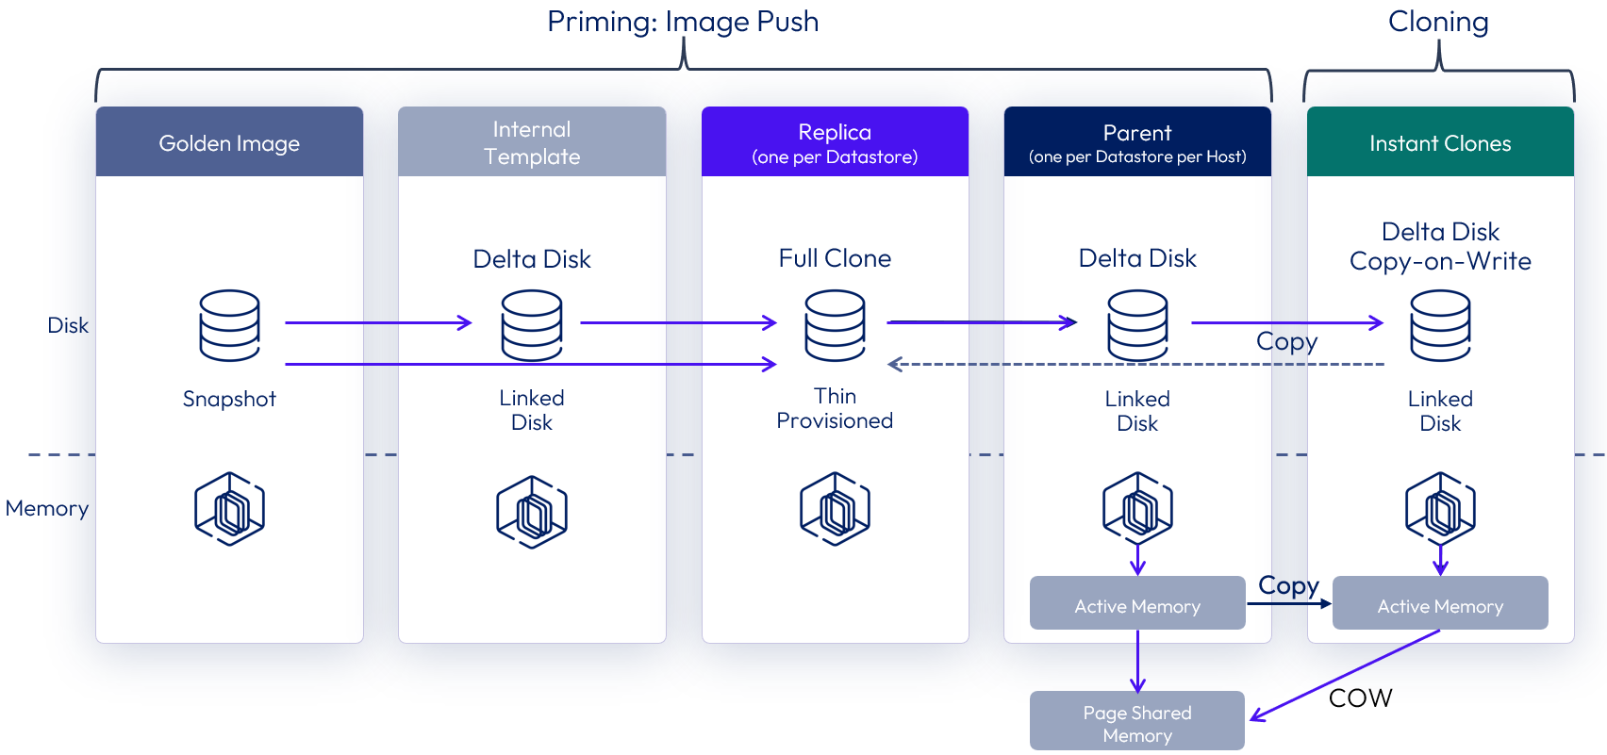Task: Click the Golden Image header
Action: pos(229,142)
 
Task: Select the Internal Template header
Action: pos(532,142)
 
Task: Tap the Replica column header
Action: pos(835,142)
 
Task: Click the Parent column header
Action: pos(1137,142)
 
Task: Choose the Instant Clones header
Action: pos(1440,142)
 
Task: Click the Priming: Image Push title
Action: pos(683,22)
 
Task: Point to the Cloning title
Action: pos(1438,22)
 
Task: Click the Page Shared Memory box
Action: pos(1137,723)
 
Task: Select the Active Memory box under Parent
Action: pos(1137,604)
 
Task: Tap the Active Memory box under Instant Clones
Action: pos(1440,604)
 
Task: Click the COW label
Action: pos(1360,698)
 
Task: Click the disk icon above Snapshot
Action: pos(229,325)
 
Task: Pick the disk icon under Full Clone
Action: pos(835,325)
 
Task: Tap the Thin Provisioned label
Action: pos(835,408)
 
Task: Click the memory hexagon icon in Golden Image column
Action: pos(229,509)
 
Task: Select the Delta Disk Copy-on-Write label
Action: pos(1440,246)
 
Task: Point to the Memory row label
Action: pos(47,509)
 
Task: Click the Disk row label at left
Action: pos(68,325)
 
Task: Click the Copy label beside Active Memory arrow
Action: pos(1288,585)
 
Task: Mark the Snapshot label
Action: pos(229,399)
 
